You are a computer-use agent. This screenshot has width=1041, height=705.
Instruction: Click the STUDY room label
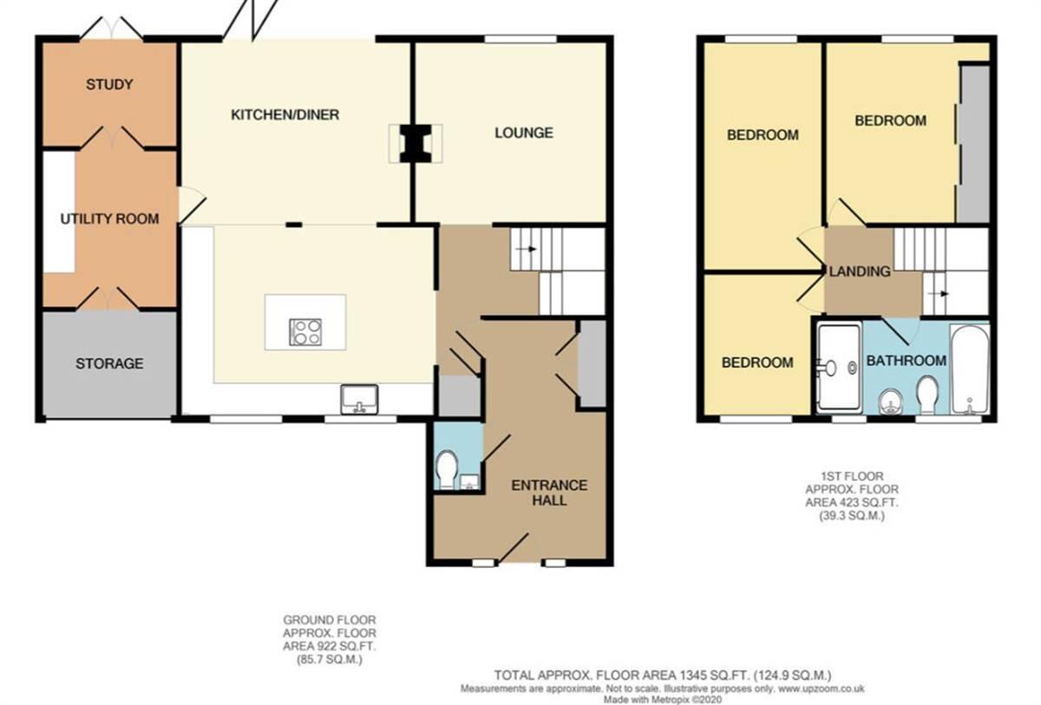click(109, 84)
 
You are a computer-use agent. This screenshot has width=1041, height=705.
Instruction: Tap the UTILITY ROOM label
click(109, 219)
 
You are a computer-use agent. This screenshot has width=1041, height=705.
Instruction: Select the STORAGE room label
click(109, 363)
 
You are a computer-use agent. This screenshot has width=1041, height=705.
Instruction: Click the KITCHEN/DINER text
click(285, 114)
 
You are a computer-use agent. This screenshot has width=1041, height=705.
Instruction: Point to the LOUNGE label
click(524, 133)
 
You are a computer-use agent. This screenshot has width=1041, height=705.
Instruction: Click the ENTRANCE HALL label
click(549, 493)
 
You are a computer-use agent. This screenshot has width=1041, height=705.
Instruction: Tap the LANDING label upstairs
click(860, 271)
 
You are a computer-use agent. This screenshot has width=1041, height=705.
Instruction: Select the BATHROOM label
click(906, 361)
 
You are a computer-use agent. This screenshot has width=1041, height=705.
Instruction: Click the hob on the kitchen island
click(306, 330)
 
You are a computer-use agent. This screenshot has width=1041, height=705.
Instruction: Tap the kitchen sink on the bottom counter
click(360, 400)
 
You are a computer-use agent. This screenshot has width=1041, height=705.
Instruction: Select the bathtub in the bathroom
click(969, 370)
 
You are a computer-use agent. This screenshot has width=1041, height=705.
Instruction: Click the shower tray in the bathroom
click(837, 367)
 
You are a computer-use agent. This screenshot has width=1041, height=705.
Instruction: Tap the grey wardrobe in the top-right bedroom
click(972, 143)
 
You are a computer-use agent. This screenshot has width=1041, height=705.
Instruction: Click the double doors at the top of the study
click(111, 31)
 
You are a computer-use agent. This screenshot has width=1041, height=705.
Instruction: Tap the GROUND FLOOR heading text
click(329, 620)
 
